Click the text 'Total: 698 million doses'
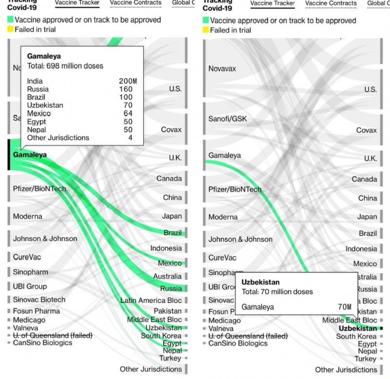65,66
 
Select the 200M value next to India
128,80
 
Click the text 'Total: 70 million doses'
277,292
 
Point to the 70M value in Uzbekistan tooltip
344,307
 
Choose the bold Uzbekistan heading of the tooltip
261,282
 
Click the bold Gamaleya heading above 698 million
44,56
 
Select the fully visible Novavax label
222,69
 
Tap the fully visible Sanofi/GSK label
228,119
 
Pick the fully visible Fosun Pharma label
37,311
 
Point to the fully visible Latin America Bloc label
151,301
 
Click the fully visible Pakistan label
168,311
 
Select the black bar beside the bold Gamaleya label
9,155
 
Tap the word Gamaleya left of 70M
258,307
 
